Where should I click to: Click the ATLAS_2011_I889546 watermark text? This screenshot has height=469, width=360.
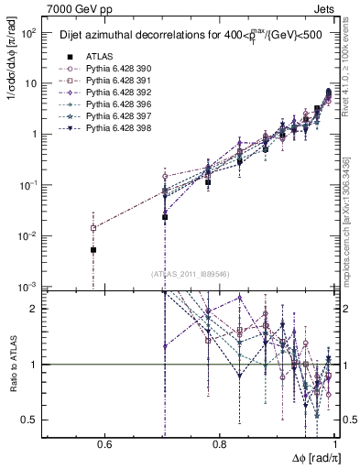pos(191,273)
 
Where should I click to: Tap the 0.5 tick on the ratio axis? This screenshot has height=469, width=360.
pos(29,420)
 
